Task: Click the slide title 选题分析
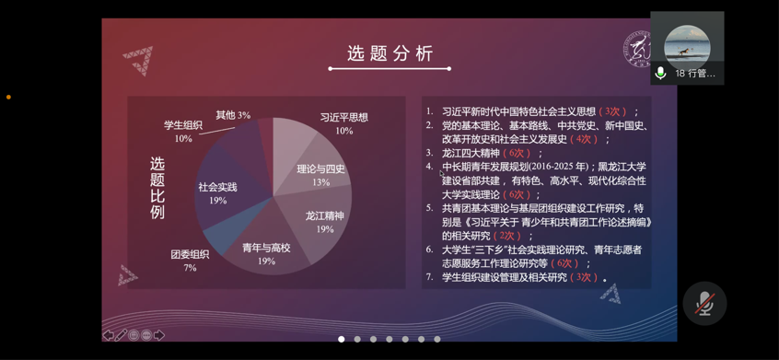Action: pyautogui.click(x=390, y=53)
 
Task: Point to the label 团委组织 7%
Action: pyautogui.click(x=190, y=261)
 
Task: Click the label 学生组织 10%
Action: pyautogui.click(x=183, y=132)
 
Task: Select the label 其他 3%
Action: pyautogui.click(x=233, y=115)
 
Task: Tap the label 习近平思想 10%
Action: pyautogui.click(x=344, y=124)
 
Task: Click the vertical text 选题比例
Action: pyautogui.click(x=157, y=188)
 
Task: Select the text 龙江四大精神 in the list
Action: pyautogui.click(x=471, y=153)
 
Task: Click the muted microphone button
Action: pyautogui.click(x=704, y=304)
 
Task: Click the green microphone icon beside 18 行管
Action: pyautogui.click(x=660, y=74)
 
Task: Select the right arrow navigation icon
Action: pyautogui.click(x=159, y=335)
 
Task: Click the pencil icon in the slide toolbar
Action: pyautogui.click(x=122, y=335)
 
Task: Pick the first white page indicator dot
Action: pyautogui.click(x=342, y=339)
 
